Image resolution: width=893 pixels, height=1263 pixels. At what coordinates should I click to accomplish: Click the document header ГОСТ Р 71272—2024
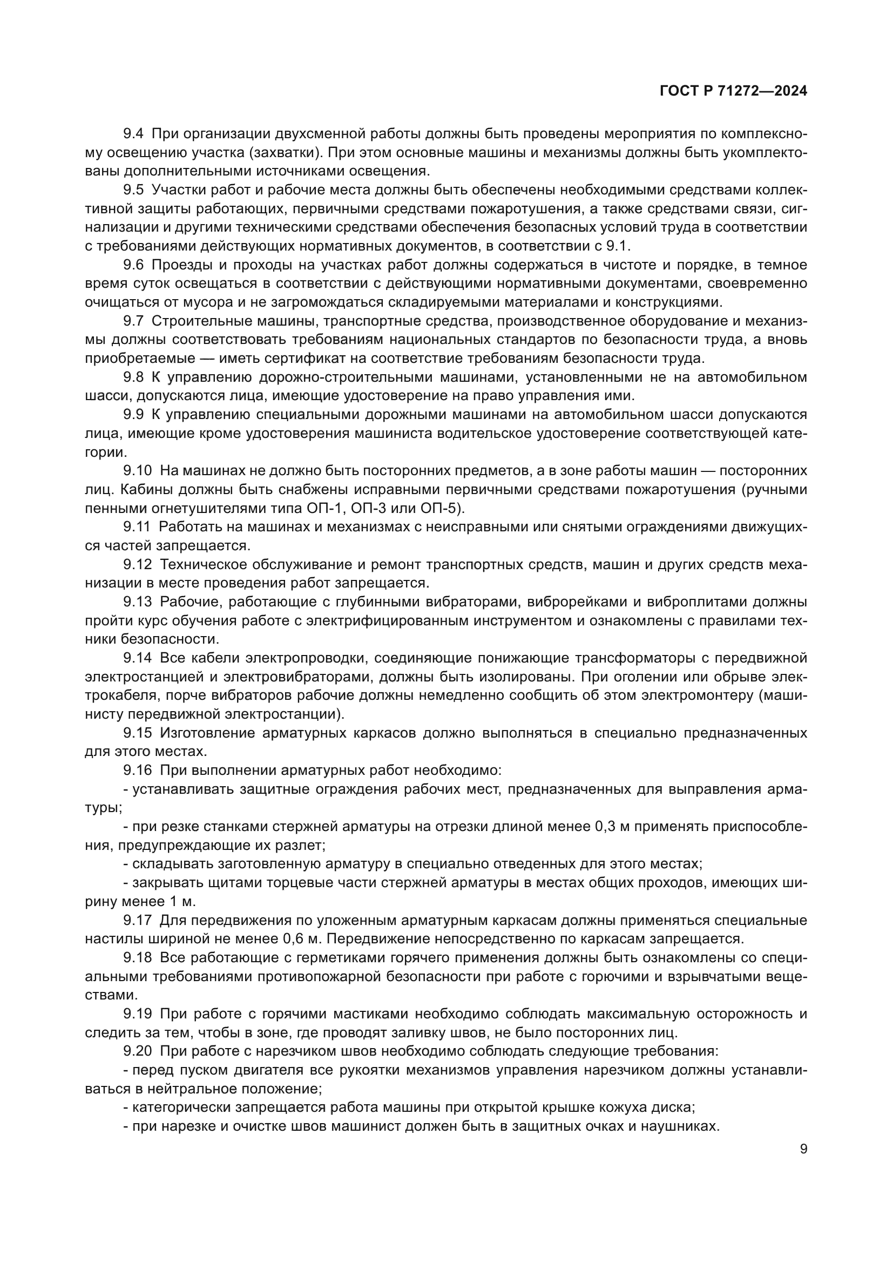733,91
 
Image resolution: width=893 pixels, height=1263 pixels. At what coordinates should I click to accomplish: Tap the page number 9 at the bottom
803,1149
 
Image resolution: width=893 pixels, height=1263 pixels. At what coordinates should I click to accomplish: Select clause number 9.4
133,134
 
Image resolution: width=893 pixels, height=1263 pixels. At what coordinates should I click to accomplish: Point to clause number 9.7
133,321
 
